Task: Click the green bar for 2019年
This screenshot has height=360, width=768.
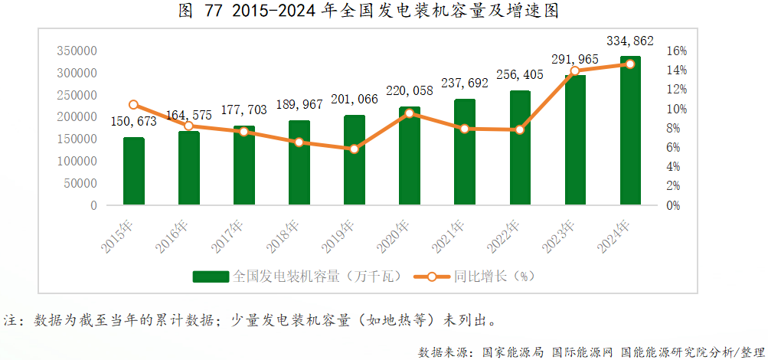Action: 354,161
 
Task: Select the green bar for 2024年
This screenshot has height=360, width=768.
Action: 630,130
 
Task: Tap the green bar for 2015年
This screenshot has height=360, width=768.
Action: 133,172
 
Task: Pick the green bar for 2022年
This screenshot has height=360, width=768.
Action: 520,148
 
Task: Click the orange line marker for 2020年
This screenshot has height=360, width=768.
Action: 410,113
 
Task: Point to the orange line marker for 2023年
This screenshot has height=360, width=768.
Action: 575,71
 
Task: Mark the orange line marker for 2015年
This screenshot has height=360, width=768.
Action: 133,105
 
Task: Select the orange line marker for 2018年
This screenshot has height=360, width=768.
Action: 299,142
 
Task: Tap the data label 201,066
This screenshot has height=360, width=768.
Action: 355,99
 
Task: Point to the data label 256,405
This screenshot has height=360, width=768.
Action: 520,74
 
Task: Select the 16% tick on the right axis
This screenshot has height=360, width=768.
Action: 677,51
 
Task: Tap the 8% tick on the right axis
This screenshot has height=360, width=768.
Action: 674,128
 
